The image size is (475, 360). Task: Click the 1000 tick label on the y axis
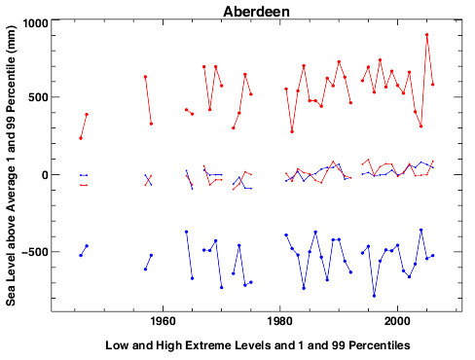click(x=34, y=23)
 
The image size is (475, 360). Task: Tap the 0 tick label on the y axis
click(x=45, y=175)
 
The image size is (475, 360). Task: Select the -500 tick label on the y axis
click(x=35, y=252)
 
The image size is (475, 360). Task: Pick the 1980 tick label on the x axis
click(x=280, y=322)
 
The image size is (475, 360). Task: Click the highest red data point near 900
click(x=427, y=35)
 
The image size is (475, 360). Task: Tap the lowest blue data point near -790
click(x=374, y=295)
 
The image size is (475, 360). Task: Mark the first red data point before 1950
click(x=81, y=138)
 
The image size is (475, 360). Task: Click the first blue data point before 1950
click(x=81, y=255)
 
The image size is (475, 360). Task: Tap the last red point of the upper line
click(x=433, y=85)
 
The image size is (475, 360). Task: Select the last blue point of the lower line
click(x=433, y=256)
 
